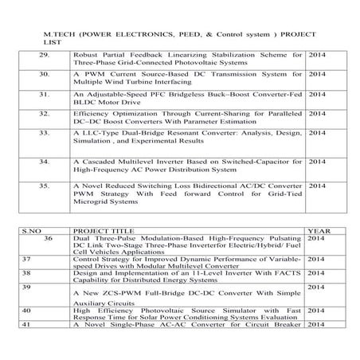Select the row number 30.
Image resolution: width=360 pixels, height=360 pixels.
point(46,74)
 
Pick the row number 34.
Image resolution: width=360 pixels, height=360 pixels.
point(46,161)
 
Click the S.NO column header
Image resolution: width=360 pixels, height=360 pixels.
point(32,231)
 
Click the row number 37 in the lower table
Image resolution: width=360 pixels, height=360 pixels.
point(25,259)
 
